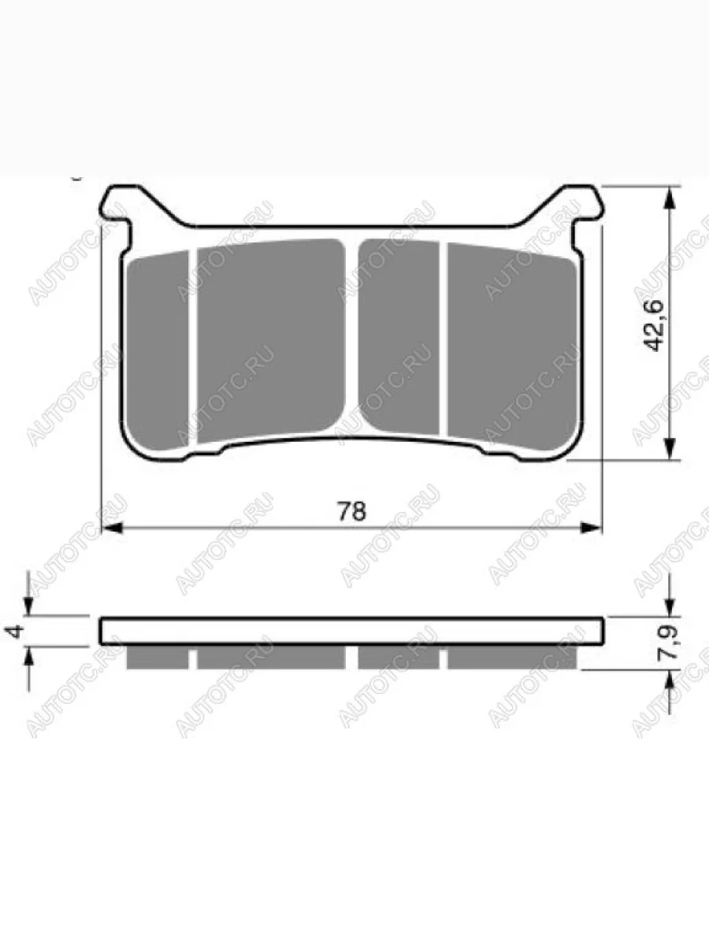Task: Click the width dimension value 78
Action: coord(351,511)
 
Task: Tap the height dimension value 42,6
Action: coord(654,325)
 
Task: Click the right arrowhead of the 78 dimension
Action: coord(591,528)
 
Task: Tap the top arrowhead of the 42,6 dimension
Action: coord(669,198)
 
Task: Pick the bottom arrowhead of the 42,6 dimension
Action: coord(669,449)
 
